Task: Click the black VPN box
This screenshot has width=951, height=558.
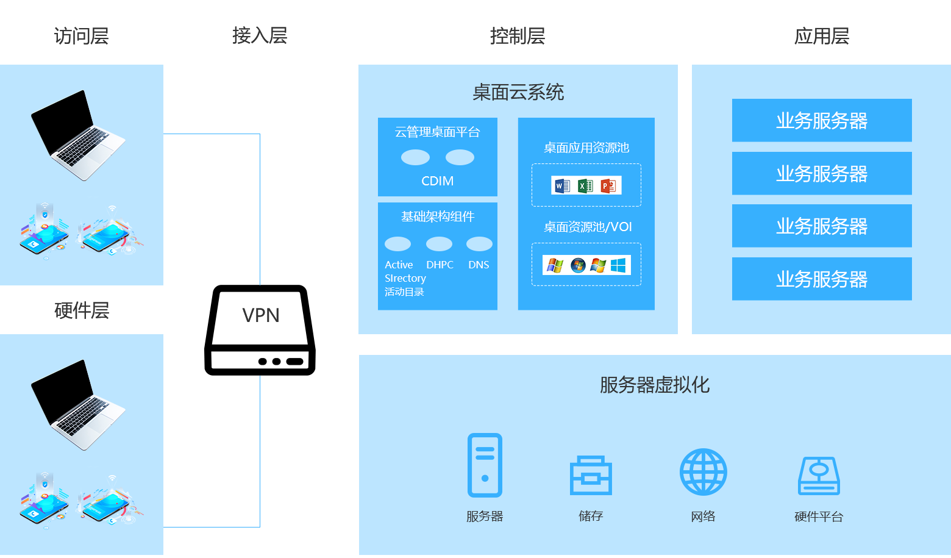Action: (x=260, y=330)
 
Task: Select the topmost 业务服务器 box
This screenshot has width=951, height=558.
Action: (x=822, y=121)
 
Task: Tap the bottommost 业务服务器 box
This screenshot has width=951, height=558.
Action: (x=822, y=279)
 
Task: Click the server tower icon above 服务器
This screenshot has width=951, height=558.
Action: (x=485, y=465)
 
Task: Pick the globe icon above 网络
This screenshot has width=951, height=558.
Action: (x=703, y=472)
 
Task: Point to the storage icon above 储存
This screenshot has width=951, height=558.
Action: (x=591, y=475)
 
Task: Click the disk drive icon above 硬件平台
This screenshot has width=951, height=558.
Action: (x=819, y=476)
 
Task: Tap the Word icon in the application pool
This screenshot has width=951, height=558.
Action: (x=561, y=185)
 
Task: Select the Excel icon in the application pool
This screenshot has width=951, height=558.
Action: (x=585, y=185)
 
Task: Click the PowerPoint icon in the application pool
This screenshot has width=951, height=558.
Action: (x=608, y=185)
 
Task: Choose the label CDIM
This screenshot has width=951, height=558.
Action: (x=437, y=181)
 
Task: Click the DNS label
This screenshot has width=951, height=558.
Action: (x=479, y=265)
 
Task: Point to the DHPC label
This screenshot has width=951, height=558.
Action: (x=440, y=265)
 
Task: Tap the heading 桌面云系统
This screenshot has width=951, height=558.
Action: (x=518, y=93)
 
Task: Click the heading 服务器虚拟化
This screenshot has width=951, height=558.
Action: (x=654, y=385)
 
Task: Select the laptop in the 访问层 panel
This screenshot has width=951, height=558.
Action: (x=77, y=135)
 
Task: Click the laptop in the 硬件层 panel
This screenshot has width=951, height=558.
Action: (x=77, y=405)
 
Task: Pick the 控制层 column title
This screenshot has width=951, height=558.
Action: (x=517, y=36)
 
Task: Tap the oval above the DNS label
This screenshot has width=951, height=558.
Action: (x=479, y=244)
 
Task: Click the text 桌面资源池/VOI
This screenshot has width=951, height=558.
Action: (x=588, y=227)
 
